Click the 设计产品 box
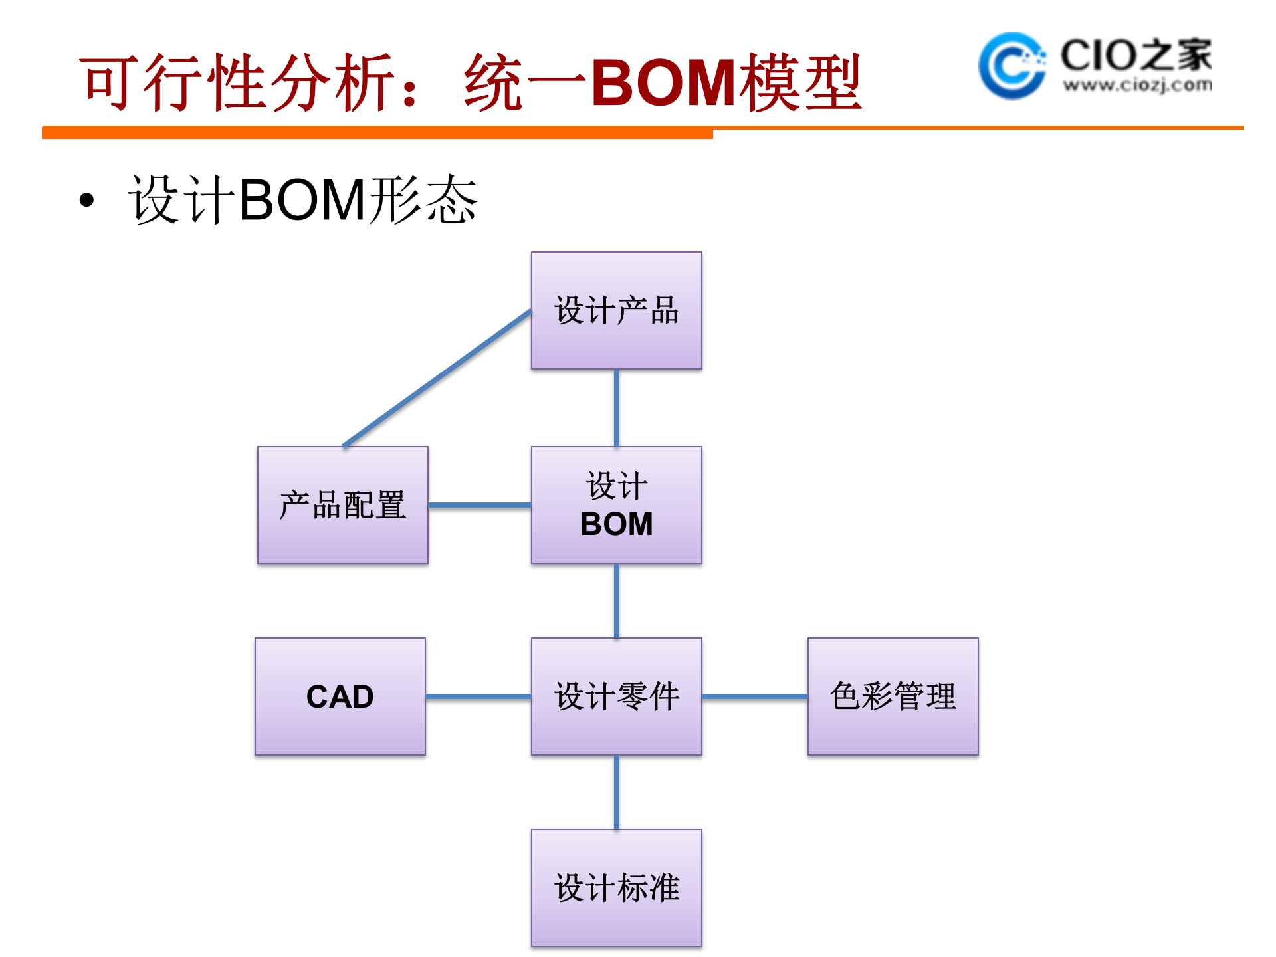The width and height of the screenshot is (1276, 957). click(616, 310)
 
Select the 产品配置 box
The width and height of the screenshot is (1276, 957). click(342, 505)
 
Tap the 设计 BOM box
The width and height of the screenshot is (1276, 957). click(616, 505)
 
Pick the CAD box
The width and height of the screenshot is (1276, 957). click(340, 696)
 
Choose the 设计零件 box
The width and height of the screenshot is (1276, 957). click(616, 696)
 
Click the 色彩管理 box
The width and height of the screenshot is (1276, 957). click(893, 696)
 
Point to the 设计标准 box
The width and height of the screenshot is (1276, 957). click(616, 888)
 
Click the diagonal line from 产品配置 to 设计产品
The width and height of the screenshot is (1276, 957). click(437, 378)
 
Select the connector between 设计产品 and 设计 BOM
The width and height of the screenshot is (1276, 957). click(616, 407)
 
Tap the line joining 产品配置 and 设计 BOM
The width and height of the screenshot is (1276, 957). click(479, 505)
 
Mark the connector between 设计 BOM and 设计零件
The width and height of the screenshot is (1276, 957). click(616, 601)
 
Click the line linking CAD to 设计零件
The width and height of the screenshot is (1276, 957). click(478, 696)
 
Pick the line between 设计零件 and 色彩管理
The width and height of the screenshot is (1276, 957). click(754, 696)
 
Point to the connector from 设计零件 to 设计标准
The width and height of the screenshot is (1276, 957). click(616, 792)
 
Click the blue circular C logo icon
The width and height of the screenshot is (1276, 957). click(1011, 65)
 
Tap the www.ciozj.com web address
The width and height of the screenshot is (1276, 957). click(1137, 85)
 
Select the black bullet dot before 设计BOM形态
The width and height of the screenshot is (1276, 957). click(86, 200)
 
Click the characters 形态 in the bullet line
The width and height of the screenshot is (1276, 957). click(423, 200)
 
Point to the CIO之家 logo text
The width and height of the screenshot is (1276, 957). click(1136, 54)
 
